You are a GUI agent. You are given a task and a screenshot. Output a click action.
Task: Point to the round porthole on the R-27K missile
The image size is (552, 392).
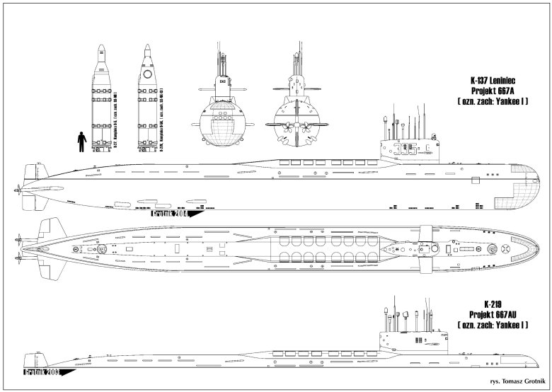147,74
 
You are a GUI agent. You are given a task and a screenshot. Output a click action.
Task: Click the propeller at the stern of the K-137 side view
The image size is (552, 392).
16,190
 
